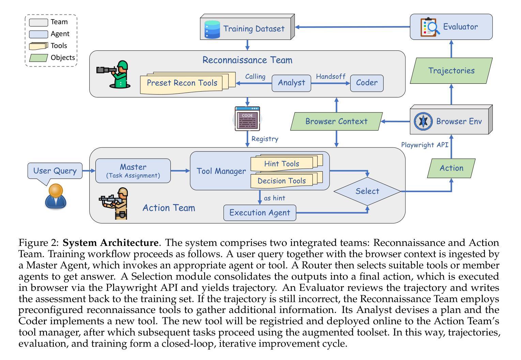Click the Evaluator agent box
point(451,27)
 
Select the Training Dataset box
point(247,29)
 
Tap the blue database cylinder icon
point(212,29)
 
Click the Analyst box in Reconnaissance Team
point(291,83)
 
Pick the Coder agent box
point(367,83)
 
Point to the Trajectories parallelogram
point(451,71)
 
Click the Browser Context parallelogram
point(336,122)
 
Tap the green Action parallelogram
point(451,168)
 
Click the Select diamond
point(367,191)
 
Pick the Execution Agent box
point(260,213)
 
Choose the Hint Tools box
point(282,164)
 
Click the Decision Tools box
point(282,181)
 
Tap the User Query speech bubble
point(55,171)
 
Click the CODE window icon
point(247,119)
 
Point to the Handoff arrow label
point(331,77)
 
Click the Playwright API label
point(424,145)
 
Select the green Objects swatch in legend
point(38,58)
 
